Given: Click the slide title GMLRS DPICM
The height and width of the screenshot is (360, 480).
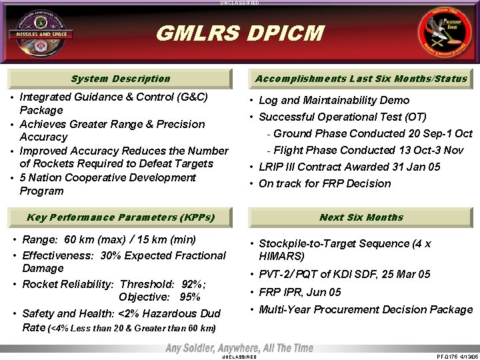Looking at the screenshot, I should click(x=239, y=33).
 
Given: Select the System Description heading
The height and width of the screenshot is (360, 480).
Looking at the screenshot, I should click(x=120, y=79).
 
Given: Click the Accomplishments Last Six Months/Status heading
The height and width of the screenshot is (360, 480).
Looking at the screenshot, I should click(x=361, y=79).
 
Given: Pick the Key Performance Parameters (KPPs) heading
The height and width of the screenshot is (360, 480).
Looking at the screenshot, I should click(x=120, y=217).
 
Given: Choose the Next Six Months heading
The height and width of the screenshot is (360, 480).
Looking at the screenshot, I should click(x=361, y=217).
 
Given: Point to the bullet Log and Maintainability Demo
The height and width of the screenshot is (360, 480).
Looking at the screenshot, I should click(x=333, y=101).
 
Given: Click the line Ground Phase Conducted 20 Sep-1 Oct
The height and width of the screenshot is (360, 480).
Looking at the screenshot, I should click(x=373, y=133).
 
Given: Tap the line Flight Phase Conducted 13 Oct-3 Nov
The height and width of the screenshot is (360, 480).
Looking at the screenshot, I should click(x=368, y=150).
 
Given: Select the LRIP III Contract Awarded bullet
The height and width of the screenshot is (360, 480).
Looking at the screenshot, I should click(x=349, y=167).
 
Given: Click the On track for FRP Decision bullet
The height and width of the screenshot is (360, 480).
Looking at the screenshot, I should click(x=324, y=183).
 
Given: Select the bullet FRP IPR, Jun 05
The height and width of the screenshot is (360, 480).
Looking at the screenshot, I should click(x=299, y=292).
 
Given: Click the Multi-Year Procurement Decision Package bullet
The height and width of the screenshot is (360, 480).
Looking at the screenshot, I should click(x=365, y=309).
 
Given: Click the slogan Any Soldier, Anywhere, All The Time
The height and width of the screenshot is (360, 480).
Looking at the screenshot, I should click(x=239, y=349).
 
